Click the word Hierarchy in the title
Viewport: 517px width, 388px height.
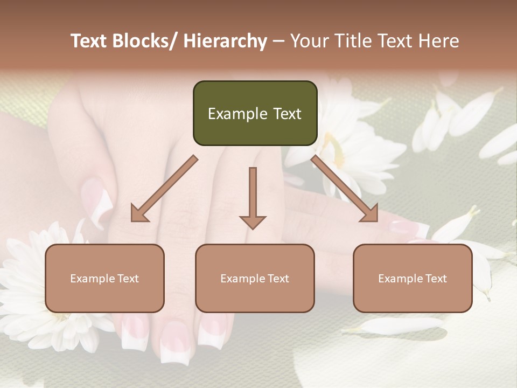coord(225,41)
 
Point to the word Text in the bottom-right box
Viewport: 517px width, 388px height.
coord(436,279)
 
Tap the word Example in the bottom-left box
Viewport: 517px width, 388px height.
coord(93,279)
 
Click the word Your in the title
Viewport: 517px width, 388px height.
coord(309,41)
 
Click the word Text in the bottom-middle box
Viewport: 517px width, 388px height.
coord(278,279)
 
